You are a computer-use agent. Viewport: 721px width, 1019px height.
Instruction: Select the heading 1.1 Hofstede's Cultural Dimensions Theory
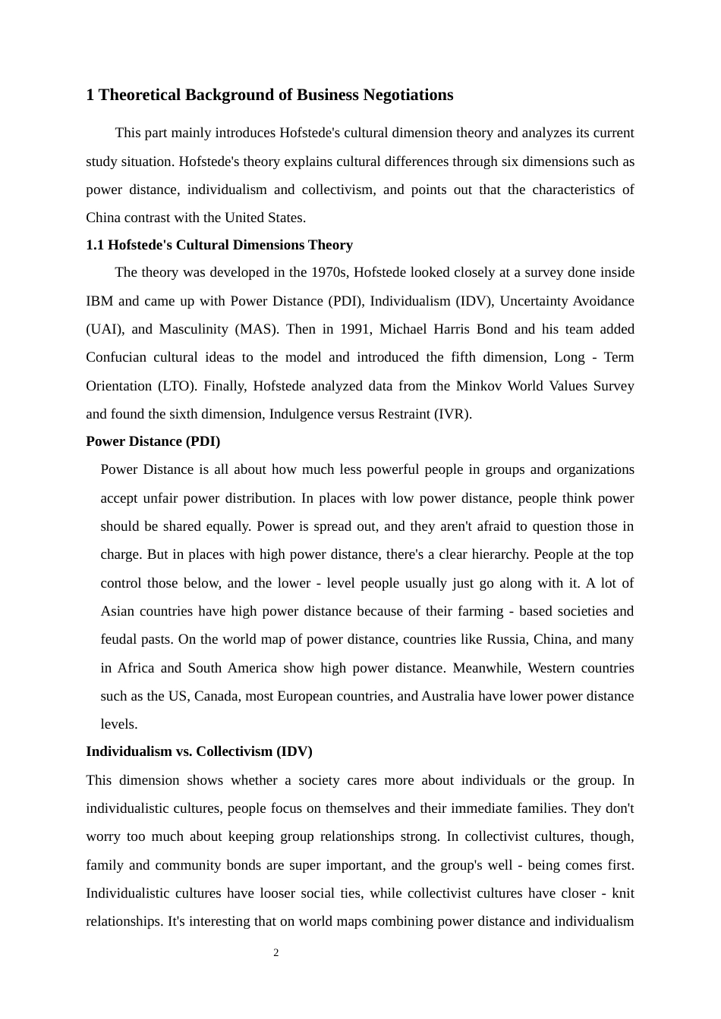pyautogui.click(x=219, y=245)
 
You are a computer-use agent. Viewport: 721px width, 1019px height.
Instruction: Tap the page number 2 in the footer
pyautogui.click(x=276, y=953)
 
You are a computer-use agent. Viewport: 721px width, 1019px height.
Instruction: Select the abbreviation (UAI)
pyautogui.click(x=101, y=329)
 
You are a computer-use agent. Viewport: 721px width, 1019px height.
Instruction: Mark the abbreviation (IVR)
pyautogui.click(x=451, y=414)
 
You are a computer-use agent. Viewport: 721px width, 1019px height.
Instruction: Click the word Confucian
pyautogui.click(x=116, y=357)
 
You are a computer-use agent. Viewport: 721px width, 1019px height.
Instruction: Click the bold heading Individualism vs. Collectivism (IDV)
pyautogui.click(x=199, y=751)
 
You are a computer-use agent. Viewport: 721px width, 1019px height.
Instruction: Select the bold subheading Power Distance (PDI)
pyautogui.click(x=153, y=441)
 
